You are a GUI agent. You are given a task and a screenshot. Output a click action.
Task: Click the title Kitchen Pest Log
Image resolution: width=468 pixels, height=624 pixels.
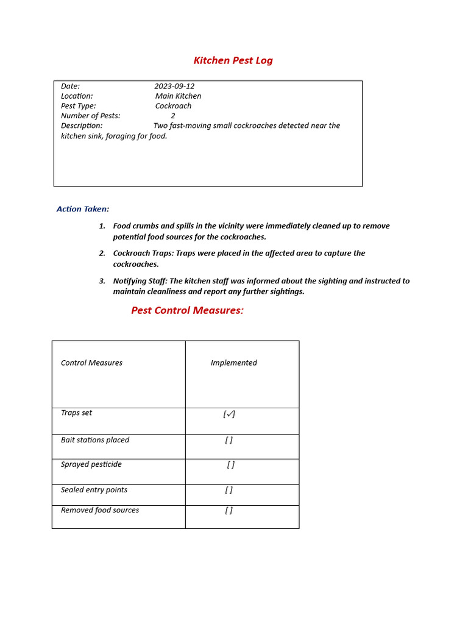click(x=233, y=60)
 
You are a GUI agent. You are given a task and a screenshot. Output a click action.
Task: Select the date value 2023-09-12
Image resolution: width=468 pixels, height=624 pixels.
click(x=174, y=87)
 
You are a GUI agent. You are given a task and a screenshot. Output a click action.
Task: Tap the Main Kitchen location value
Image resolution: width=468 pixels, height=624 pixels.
click(x=178, y=96)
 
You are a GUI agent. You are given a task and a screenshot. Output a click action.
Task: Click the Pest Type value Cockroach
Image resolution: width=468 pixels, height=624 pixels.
click(x=173, y=106)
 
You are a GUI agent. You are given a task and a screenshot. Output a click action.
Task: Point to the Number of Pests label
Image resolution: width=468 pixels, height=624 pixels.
click(x=91, y=116)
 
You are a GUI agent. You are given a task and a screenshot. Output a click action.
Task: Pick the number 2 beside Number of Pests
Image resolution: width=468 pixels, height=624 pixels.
click(x=173, y=116)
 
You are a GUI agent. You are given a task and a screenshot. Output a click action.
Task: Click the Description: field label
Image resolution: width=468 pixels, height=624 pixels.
click(x=82, y=126)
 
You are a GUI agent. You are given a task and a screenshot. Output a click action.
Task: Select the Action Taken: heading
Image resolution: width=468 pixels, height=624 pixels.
click(x=83, y=209)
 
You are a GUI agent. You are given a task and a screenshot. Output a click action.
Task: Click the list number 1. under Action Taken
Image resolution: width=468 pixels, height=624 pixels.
click(x=102, y=226)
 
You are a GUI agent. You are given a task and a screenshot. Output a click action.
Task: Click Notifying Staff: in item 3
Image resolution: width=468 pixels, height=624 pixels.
click(x=140, y=282)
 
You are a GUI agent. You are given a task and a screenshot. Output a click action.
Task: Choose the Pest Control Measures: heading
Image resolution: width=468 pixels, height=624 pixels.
click(x=187, y=310)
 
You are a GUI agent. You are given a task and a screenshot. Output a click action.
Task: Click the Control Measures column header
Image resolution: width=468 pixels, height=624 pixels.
click(x=91, y=363)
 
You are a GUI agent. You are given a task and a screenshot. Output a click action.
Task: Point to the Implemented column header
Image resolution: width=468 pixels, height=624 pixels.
click(x=233, y=363)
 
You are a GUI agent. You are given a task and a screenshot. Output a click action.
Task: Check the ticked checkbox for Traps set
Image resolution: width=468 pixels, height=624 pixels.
click(x=229, y=414)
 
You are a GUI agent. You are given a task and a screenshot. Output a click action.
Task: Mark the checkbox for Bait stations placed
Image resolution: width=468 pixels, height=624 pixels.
click(x=229, y=441)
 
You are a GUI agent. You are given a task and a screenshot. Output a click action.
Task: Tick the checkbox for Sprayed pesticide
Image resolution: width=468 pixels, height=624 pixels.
click(x=230, y=465)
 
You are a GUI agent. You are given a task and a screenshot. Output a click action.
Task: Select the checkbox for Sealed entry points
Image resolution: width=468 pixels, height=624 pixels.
click(x=229, y=490)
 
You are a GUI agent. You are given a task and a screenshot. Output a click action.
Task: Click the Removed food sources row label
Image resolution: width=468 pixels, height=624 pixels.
click(x=100, y=511)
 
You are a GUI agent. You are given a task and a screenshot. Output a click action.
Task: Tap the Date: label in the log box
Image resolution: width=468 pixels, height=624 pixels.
click(x=70, y=87)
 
